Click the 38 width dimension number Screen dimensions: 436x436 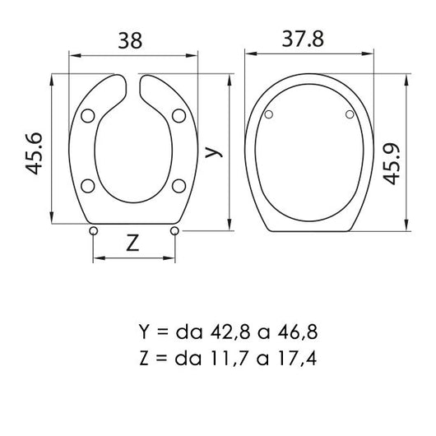130,41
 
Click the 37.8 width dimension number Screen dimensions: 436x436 303,39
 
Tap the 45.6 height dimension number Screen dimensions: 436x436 34,154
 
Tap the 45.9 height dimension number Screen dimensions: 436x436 392,164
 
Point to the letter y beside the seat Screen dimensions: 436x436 214,152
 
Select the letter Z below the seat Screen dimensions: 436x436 132,243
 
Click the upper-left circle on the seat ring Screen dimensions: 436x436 88,116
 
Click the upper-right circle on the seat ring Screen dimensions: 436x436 179,116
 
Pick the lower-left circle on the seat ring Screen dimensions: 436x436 88,186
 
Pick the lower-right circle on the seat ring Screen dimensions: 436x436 179,186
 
